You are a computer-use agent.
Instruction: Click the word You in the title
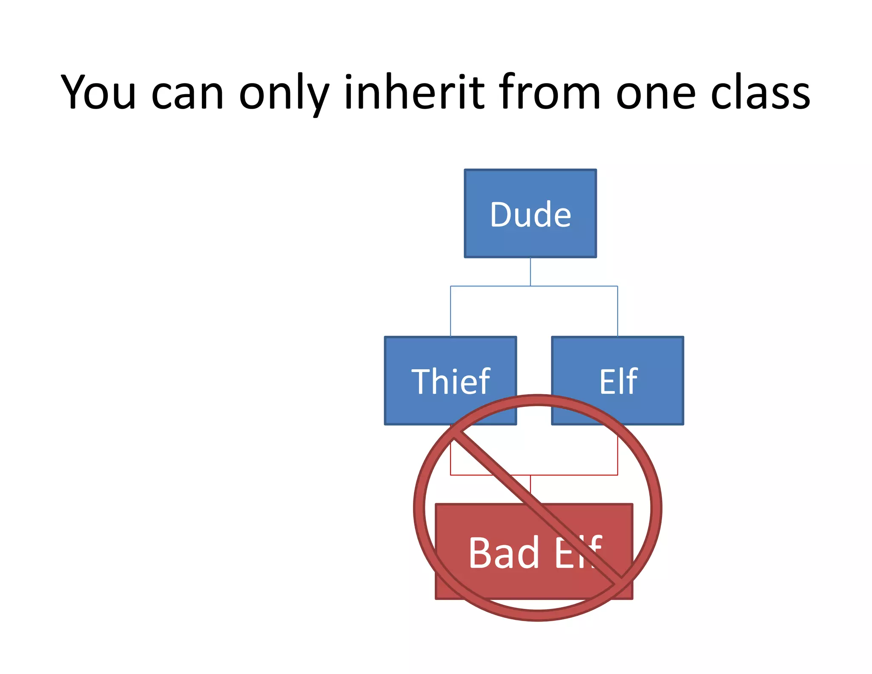coord(98,92)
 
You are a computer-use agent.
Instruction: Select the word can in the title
coord(187,95)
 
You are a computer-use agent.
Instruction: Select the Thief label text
coord(450,381)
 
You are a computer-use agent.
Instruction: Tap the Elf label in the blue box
coord(618,381)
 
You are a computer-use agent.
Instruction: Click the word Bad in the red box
coord(504,553)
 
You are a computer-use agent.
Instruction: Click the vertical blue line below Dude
coord(530,271)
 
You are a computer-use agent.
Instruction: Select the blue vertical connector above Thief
coord(450,311)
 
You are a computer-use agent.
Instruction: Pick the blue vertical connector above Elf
coord(617,311)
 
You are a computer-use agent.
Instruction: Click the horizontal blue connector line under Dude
coord(490,286)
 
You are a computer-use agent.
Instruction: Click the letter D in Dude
coord(499,214)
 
